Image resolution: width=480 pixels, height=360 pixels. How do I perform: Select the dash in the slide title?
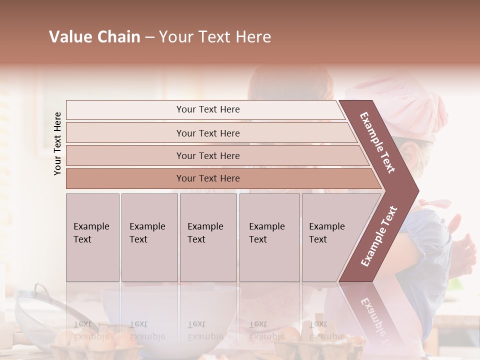coord(149,37)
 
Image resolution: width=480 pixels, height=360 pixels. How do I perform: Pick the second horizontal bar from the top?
coord(208,133)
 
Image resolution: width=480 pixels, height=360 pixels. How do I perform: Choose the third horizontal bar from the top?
coord(208,155)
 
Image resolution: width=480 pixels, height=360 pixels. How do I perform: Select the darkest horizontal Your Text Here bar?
coord(208,178)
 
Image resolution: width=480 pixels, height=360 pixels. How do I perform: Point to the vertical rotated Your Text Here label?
coord(57,143)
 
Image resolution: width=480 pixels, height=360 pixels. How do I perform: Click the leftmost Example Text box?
coord(92,237)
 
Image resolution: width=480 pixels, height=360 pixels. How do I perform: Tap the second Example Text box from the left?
coord(149,237)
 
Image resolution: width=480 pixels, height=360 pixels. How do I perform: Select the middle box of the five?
coord(208,237)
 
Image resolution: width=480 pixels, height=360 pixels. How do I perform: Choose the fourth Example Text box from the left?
coord(269,237)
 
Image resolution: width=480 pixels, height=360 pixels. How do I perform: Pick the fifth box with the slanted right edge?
coord(332,237)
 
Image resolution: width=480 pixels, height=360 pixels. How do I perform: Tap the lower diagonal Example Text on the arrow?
coord(379,236)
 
